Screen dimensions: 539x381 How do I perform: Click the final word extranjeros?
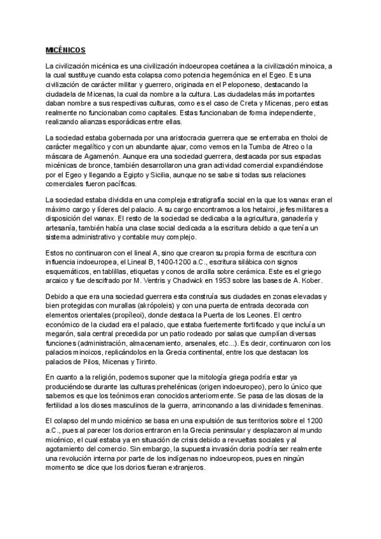coord(184,467)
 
